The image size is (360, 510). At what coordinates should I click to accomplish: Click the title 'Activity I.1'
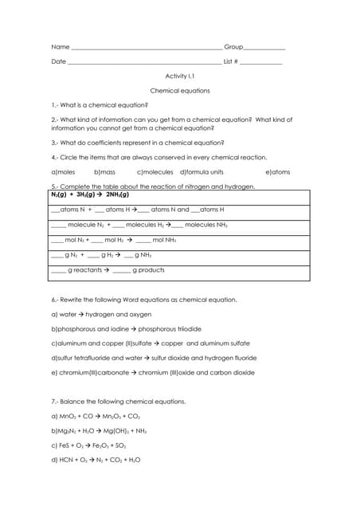(179, 76)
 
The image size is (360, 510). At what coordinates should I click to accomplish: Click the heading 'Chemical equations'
(180, 91)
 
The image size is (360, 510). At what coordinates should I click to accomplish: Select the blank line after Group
(264, 49)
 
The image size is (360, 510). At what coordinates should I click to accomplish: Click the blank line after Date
(144, 63)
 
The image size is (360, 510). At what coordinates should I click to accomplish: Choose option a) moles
(63, 171)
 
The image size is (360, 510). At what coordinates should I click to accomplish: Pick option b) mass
(105, 171)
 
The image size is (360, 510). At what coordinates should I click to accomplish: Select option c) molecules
(155, 171)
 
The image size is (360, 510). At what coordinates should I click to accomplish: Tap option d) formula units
(202, 171)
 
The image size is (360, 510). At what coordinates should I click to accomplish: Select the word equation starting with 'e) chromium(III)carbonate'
(153, 372)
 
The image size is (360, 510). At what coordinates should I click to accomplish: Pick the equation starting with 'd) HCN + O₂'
(100, 460)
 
